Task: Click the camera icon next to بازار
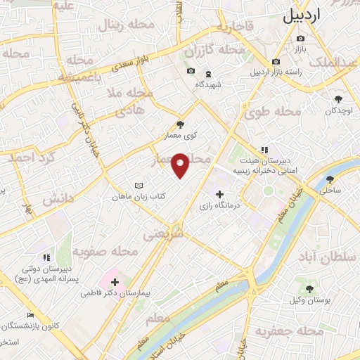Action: click(x=301, y=38)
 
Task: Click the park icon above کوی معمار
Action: click(x=180, y=124)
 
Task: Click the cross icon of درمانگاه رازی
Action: click(x=220, y=193)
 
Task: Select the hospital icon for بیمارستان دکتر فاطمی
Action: click(x=115, y=282)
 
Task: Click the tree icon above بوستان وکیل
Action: click(x=309, y=288)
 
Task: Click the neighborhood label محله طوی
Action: click(x=278, y=111)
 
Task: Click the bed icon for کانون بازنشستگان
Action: click(x=30, y=316)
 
